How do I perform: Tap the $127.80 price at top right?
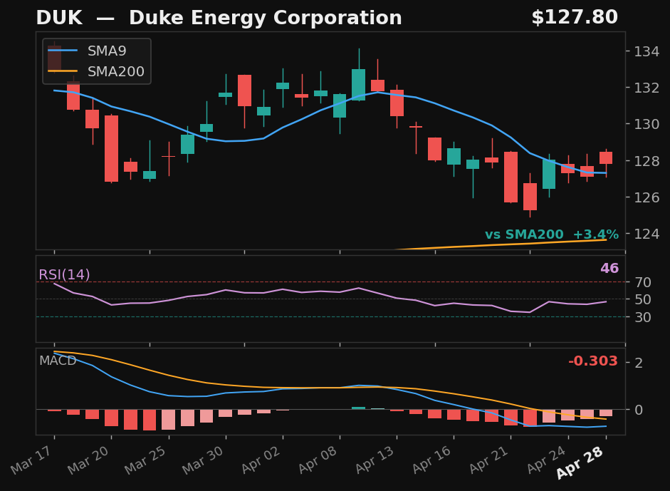click(574, 18)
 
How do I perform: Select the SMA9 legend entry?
click(107, 51)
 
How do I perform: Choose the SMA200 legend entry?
click(115, 72)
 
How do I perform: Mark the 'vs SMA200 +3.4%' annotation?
click(551, 234)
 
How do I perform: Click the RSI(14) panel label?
click(64, 275)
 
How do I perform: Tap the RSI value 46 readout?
click(609, 269)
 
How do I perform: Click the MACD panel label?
click(57, 361)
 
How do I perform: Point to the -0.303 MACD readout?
click(592, 361)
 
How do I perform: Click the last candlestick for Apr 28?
click(606, 157)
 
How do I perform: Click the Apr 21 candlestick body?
click(511, 177)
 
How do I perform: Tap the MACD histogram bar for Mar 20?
click(111, 418)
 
